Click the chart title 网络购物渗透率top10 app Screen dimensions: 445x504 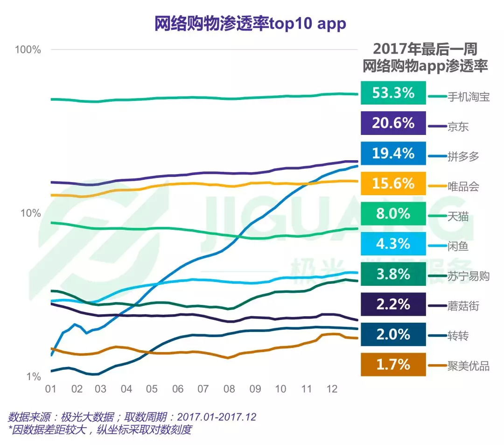click(250, 24)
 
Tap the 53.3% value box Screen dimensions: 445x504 click(393, 92)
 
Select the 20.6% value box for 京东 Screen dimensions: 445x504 click(393, 123)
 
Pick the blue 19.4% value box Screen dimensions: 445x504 click(393, 153)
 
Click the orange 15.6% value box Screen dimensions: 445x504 click(393, 184)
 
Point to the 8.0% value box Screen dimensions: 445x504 click(393, 214)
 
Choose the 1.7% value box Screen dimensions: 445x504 click(393, 364)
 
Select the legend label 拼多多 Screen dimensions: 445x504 click(463, 156)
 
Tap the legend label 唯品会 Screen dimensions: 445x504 click(463, 187)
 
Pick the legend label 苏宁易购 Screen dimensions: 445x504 click(468, 276)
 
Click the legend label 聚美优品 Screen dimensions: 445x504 click(468, 366)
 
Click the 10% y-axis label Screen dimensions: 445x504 click(31, 213)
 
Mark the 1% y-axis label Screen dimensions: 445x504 click(34, 377)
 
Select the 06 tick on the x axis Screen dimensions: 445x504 click(177, 389)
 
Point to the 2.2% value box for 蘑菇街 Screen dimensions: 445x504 click(393, 304)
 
